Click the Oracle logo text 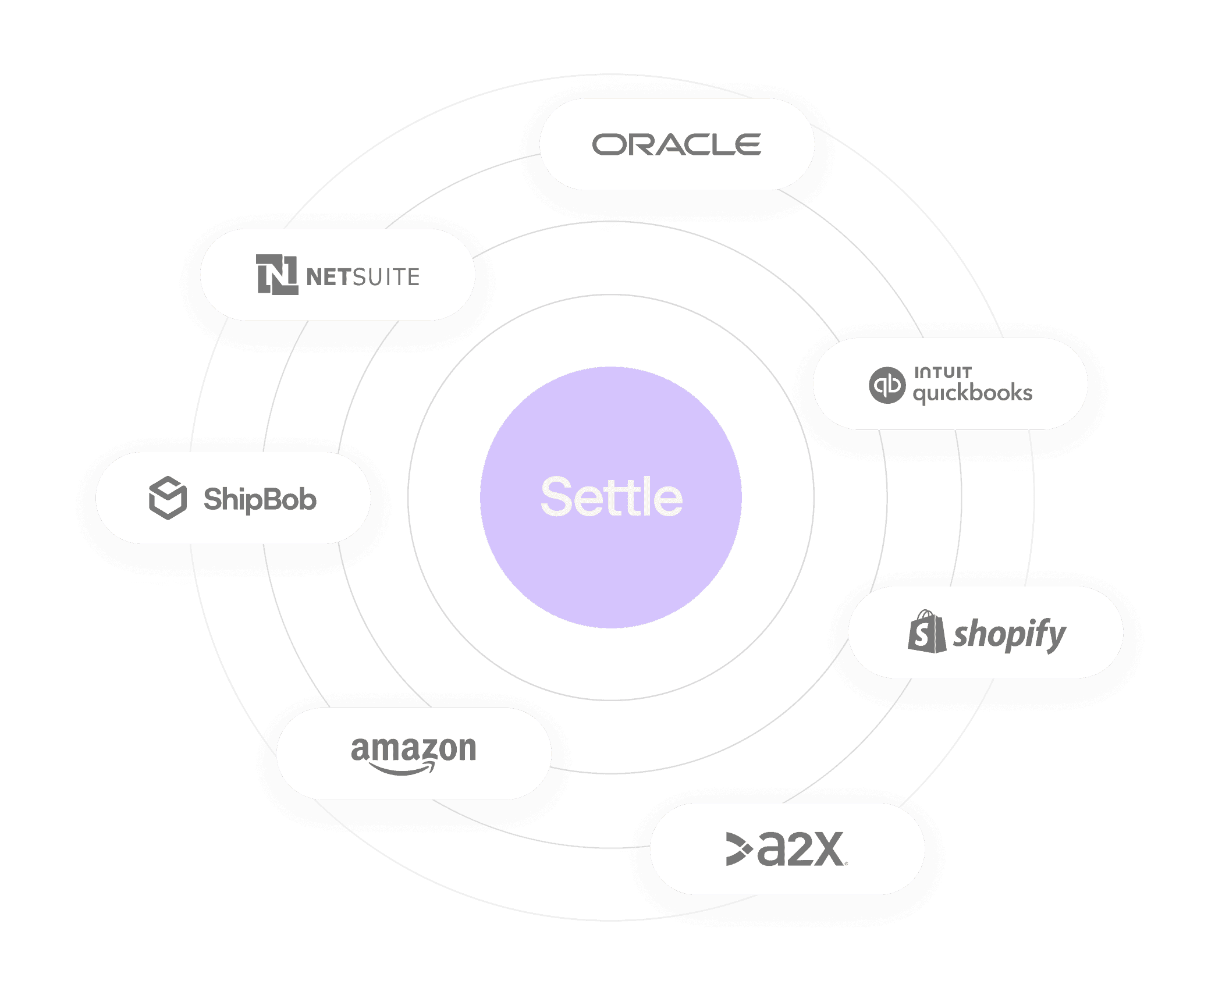[x=676, y=145]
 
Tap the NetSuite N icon [x=277, y=275]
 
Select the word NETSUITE [x=363, y=277]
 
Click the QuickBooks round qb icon [x=887, y=385]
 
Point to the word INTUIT [x=943, y=372]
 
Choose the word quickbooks [x=972, y=393]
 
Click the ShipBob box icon [x=168, y=498]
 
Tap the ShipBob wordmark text [x=260, y=499]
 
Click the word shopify [x=1009, y=634]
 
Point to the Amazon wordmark [x=413, y=749]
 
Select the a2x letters [x=801, y=850]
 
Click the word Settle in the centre [x=611, y=497]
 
